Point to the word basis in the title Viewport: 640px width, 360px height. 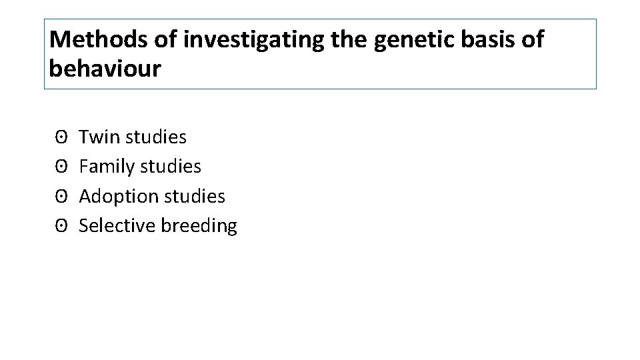coord(491,40)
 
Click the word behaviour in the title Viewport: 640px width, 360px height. coord(105,69)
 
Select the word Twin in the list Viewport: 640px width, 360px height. coord(97,137)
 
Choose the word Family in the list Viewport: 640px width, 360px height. coord(105,167)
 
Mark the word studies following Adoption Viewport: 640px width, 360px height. coord(195,197)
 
